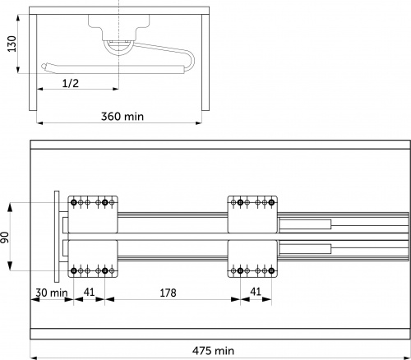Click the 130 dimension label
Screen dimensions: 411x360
(12, 44)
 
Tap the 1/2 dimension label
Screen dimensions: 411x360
(71, 83)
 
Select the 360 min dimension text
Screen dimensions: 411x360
(122, 117)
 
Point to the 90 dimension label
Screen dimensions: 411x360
(5, 238)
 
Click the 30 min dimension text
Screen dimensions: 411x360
(52, 293)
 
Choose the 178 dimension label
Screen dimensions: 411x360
(168, 293)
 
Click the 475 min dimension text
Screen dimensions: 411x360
(213, 351)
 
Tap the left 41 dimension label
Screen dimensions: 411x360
(89, 292)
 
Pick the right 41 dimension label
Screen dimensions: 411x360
(256, 292)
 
